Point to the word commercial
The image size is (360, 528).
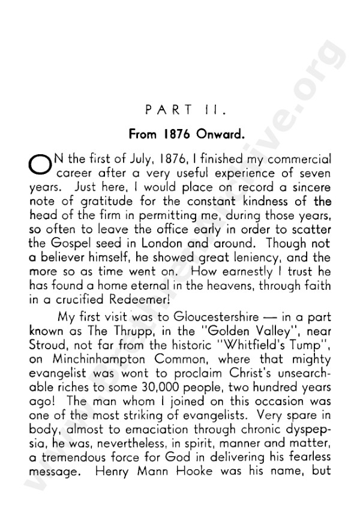coord(301,160)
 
